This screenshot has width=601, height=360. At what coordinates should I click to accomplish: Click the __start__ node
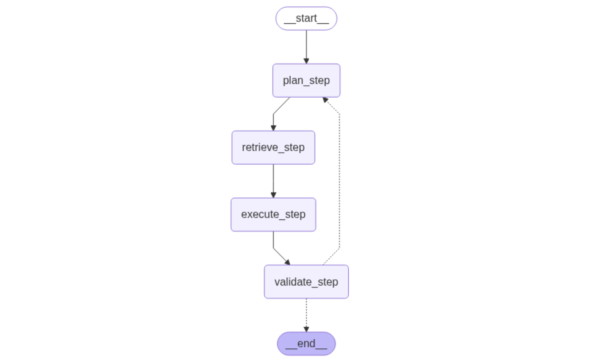pos(306,18)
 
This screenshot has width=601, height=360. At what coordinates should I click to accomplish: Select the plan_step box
pos(306,80)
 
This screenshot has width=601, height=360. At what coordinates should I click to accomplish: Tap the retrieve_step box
pos(273,147)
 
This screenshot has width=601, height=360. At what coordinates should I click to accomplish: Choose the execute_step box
pos(273,215)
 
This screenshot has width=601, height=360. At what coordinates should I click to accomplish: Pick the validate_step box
pos(306,282)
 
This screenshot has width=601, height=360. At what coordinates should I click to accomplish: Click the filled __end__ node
pos(306,343)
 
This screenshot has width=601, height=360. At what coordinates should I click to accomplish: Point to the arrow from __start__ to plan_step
pos(306,45)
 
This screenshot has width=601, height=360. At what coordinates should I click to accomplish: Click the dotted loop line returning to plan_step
pos(340,180)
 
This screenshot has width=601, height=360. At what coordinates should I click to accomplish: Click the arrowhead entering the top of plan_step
pos(306,61)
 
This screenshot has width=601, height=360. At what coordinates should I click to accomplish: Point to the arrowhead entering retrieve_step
pos(273,128)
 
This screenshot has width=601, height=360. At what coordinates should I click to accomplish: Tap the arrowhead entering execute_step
pos(273,195)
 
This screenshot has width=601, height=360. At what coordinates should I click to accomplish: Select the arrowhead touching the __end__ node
pos(306,329)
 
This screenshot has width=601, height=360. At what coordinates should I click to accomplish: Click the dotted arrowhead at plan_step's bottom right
pos(325,100)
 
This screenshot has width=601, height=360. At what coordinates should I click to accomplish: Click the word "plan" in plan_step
pos(293,80)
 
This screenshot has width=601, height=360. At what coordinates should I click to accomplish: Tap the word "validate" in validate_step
pos(293,282)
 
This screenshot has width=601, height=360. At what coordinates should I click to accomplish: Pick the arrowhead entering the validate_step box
pos(287,262)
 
